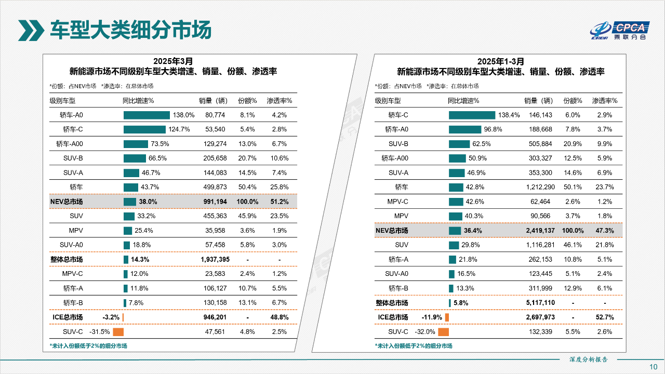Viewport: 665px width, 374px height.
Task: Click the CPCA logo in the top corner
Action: click(618, 31)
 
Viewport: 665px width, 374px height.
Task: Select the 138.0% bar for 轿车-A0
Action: click(147, 115)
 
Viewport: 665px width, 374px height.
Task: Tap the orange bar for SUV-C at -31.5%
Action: click(118, 331)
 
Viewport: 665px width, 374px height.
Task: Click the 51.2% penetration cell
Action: click(279, 202)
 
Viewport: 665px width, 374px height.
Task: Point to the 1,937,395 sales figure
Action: click(215, 259)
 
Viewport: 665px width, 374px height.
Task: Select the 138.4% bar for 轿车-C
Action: click(472, 115)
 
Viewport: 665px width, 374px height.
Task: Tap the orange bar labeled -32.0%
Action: click(443, 331)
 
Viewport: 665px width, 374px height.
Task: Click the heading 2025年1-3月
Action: click(501, 61)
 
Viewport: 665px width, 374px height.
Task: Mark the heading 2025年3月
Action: click(173, 61)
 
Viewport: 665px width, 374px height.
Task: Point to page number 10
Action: click(654, 367)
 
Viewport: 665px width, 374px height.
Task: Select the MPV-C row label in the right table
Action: click(398, 202)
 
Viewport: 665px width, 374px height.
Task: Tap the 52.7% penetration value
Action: click(605, 317)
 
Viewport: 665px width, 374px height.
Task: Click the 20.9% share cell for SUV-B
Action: click(573, 144)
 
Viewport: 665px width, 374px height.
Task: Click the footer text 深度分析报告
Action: click(588, 359)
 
